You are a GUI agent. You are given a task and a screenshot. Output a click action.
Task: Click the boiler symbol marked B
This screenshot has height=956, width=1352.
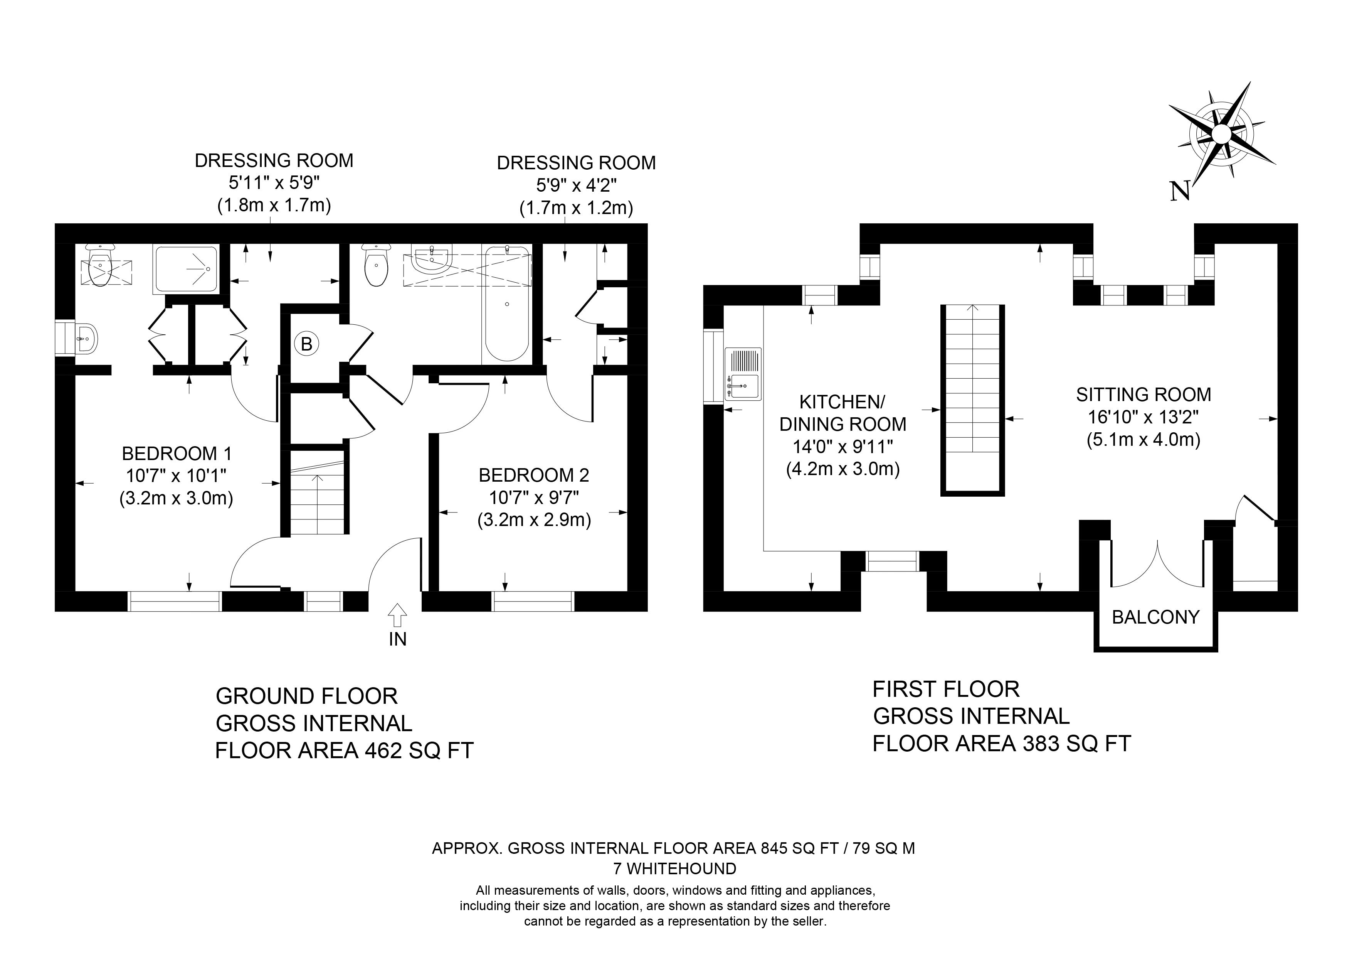[x=306, y=343]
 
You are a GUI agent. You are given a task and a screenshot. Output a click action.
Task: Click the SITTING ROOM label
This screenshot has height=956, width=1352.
[x=1143, y=395]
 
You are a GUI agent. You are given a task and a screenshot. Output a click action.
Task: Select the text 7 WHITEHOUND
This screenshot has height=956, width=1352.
[x=675, y=868]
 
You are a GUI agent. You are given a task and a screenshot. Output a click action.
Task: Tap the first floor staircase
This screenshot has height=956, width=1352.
[x=973, y=401]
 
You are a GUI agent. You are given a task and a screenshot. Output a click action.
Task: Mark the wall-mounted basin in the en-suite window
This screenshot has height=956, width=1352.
[x=86, y=339]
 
